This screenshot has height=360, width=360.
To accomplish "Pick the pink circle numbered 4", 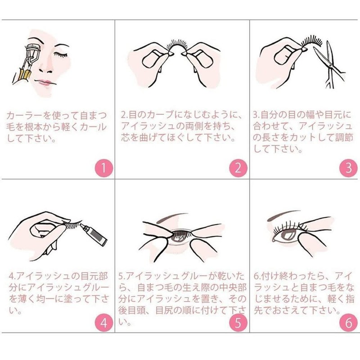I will click(x=103, y=323).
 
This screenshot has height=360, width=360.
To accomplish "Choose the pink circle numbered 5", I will click(x=238, y=323).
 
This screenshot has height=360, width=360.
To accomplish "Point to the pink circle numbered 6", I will click(x=348, y=323).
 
